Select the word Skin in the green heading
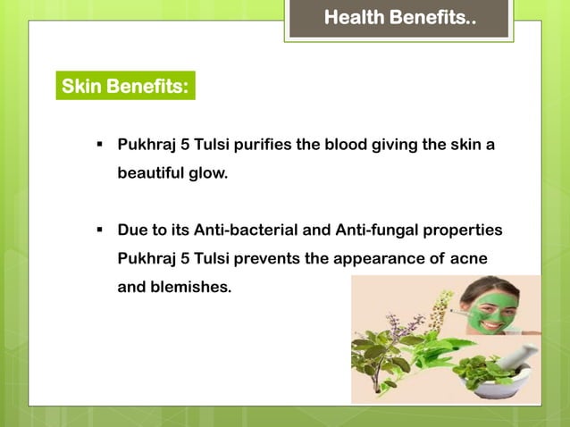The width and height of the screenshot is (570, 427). (x=81, y=87)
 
